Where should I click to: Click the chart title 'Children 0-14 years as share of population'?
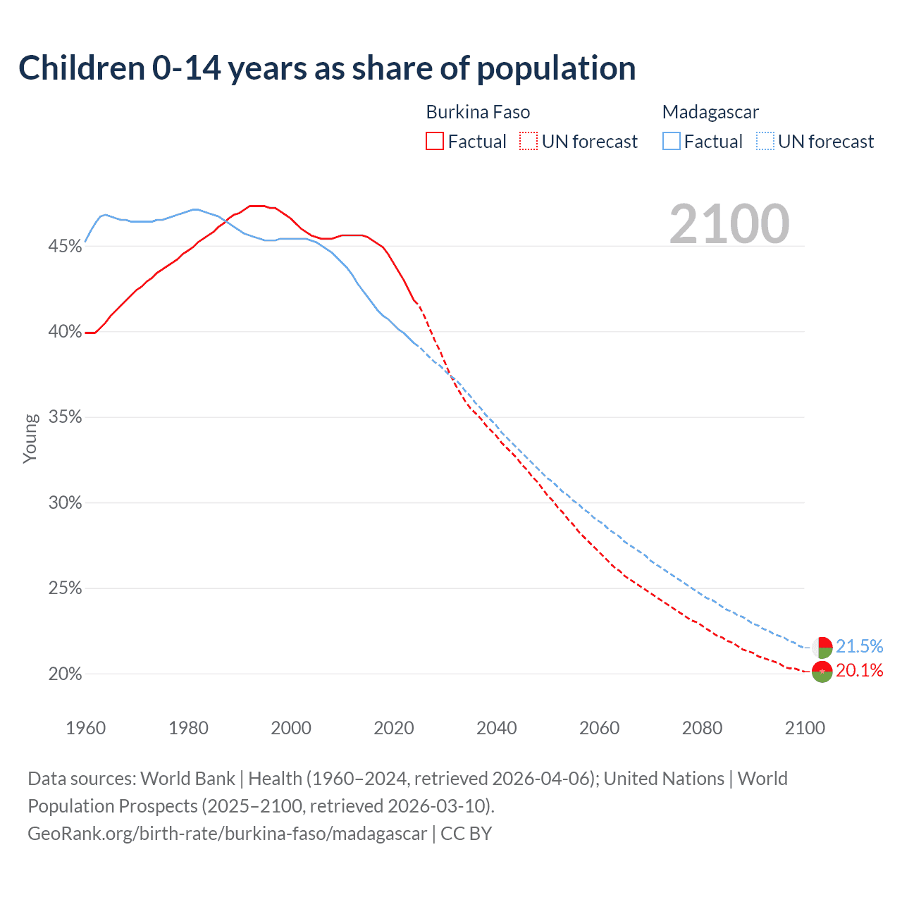pos(327,68)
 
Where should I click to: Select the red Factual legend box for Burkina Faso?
pos(435,142)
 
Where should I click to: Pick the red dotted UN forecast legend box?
pos(529,142)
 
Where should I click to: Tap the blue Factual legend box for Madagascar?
pos(672,142)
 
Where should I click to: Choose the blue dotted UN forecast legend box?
pos(765,142)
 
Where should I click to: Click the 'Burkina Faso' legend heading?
pos(478,112)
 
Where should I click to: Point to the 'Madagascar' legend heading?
pos(710,112)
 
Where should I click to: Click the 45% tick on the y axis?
pos(65,246)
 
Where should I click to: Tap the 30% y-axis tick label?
pos(65,502)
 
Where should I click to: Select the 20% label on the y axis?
pos(65,674)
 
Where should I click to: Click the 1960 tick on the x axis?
pos(85,728)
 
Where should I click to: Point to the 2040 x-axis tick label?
pos(496,728)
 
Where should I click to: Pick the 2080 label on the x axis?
pos(702,728)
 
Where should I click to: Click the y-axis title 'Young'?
pos(30,438)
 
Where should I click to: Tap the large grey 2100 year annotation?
pos(729,224)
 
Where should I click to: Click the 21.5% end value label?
pos(859,646)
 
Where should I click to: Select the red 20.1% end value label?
pos(859,670)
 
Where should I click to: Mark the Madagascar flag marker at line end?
pos(822,647)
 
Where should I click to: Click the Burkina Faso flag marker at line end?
pos(822,672)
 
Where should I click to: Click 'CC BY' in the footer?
pos(466,834)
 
